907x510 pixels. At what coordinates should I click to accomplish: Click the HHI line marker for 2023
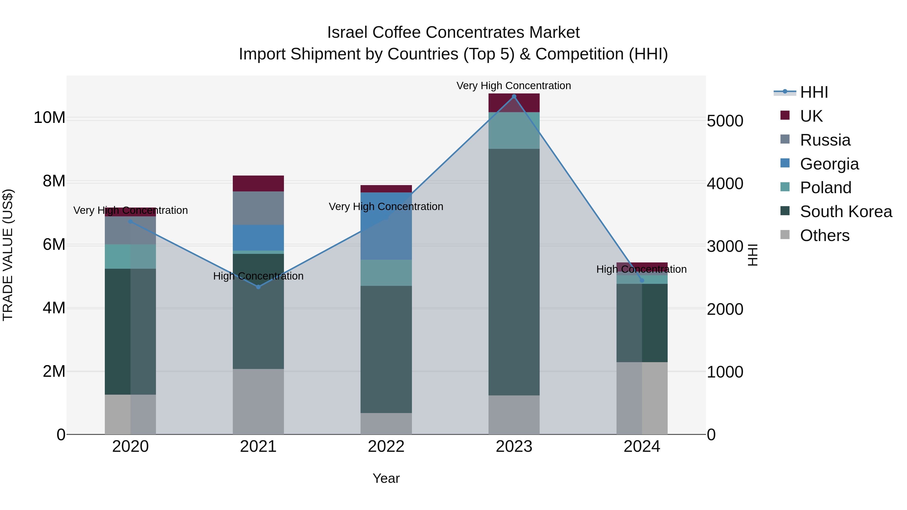pyautogui.click(x=514, y=96)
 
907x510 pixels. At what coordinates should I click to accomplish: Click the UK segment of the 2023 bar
pyautogui.click(x=514, y=103)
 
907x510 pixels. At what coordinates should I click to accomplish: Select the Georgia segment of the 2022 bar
pyautogui.click(x=386, y=226)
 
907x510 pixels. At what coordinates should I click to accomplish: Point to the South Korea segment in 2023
pyautogui.click(x=514, y=272)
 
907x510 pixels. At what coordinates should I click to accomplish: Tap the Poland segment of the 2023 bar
pyautogui.click(x=514, y=130)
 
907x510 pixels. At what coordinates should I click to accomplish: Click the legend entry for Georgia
pyautogui.click(x=829, y=164)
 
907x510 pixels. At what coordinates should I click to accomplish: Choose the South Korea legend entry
pyautogui.click(x=845, y=212)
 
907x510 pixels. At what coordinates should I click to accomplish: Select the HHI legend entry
pyautogui.click(x=813, y=92)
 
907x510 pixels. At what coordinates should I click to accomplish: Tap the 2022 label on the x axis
pyautogui.click(x=386, y=447)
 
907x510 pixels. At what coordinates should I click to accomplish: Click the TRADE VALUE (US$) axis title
pyautogui.click(x=8, y=255)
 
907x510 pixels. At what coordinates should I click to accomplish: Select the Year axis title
pyautogui.click(x=386, y=478)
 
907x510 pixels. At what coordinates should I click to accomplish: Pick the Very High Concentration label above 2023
pyautogui.click(x=514, y=86)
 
